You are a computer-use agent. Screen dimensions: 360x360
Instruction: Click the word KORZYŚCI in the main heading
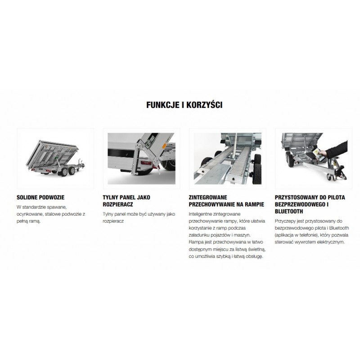204,105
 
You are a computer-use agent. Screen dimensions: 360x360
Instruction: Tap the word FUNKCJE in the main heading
163,105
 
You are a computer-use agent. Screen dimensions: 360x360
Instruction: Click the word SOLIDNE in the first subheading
27,198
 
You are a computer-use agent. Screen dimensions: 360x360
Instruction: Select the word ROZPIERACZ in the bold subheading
118,204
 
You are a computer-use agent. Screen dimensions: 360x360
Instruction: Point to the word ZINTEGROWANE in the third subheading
208,198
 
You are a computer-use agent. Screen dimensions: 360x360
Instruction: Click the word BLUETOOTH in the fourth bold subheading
289,211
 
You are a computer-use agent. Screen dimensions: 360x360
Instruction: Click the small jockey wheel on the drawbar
330,177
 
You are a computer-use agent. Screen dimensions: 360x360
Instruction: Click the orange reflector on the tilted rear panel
164,146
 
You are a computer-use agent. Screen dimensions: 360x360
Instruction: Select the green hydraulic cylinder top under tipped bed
55,159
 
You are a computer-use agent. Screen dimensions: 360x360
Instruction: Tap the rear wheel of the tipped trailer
63,172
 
